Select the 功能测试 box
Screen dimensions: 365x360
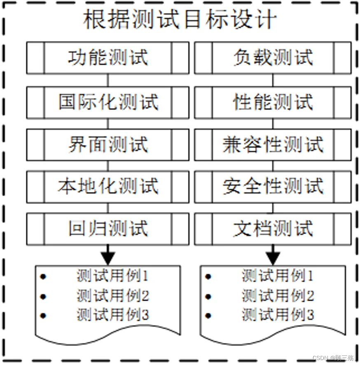tap(108, 58)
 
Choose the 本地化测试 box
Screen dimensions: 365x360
tap(108, 186)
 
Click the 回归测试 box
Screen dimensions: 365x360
tap(108, 229)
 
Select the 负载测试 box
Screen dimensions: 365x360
tap(273, 58)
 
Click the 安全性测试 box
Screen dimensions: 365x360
tap(273, 186)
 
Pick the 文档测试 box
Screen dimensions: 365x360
tap(273, 229)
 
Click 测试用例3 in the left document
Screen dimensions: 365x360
tap(112, 315)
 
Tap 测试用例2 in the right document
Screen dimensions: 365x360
tap(278, 295)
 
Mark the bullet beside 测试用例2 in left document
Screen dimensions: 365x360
tap(43, 296)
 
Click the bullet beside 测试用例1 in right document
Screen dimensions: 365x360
tap(208, 276)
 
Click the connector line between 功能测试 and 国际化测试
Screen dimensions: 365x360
tap(108, 80)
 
